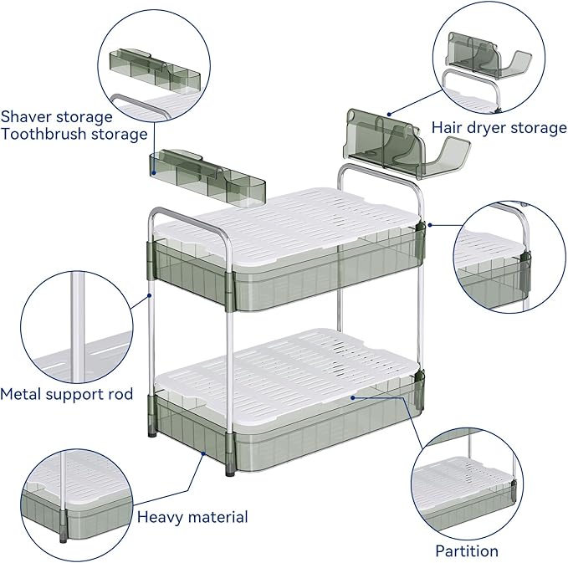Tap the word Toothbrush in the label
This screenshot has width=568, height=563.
[43, 134]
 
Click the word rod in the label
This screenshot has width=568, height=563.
[120, 394]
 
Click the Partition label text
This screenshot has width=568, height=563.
[467, 551]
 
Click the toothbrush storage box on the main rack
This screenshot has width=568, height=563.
[207, 177]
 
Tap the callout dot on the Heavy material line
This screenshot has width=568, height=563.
[203, 453]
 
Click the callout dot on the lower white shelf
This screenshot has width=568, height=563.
[352, 397]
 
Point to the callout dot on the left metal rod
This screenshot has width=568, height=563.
[149, 295]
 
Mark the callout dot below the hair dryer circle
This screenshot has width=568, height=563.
[389, 114]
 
